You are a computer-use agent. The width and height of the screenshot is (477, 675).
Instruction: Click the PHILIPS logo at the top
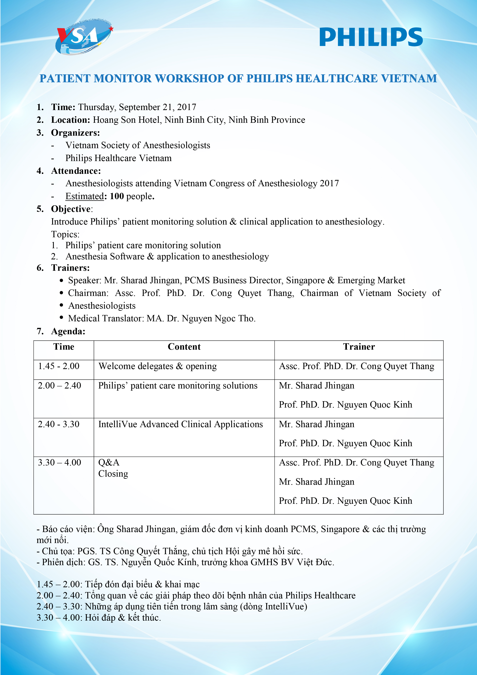pyautogui.click(x=371, y=37)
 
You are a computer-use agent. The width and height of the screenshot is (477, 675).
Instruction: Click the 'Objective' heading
pyautogui.click(x=71, y=209)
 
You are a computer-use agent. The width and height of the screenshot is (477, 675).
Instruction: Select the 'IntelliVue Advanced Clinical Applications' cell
pyautogui.click(x=180, y=424)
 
